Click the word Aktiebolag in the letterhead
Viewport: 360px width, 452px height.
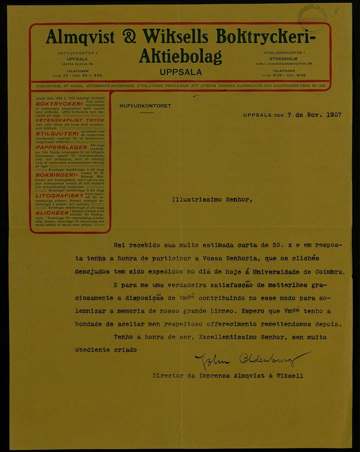pos(180,56)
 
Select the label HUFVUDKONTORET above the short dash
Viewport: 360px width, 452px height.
pos(145,106)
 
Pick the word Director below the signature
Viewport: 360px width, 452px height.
pos(167,375)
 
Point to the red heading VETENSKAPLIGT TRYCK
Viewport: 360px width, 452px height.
pos(69,120)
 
